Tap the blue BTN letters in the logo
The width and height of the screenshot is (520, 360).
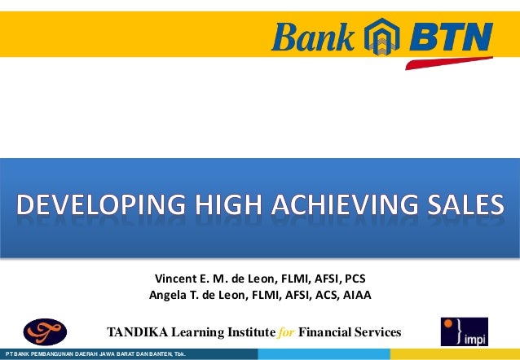click(450, 37)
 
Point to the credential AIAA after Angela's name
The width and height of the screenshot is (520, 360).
click(356, 295)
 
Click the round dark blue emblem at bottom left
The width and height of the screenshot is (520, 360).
click(48, 331)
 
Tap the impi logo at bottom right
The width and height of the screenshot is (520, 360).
click(464, 331)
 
